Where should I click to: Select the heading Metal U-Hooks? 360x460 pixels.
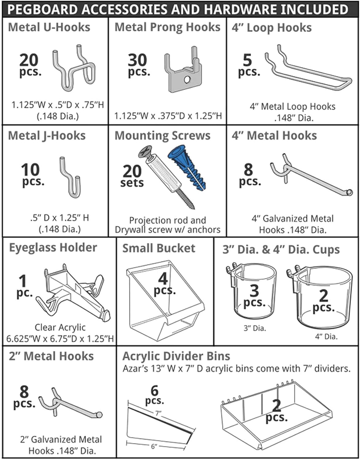point(49,27)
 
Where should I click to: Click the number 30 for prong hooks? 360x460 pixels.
point(137,60)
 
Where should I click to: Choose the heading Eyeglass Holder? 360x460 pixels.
point(53,248)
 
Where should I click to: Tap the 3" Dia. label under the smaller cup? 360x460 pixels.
point(255,328)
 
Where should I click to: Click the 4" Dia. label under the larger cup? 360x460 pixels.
point(326,336)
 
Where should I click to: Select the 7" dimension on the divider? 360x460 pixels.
point(158,413)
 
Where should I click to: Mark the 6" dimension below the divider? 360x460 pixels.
point(154,446)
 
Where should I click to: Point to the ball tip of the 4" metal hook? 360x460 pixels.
point(349,193)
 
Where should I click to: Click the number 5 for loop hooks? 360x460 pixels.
point(247,60)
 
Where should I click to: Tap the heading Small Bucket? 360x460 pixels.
point(159,248)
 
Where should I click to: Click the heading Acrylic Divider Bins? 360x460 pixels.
point(176,356)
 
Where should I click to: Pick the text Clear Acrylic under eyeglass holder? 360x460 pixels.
point(60,327)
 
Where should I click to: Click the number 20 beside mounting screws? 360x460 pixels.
point(132,171)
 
